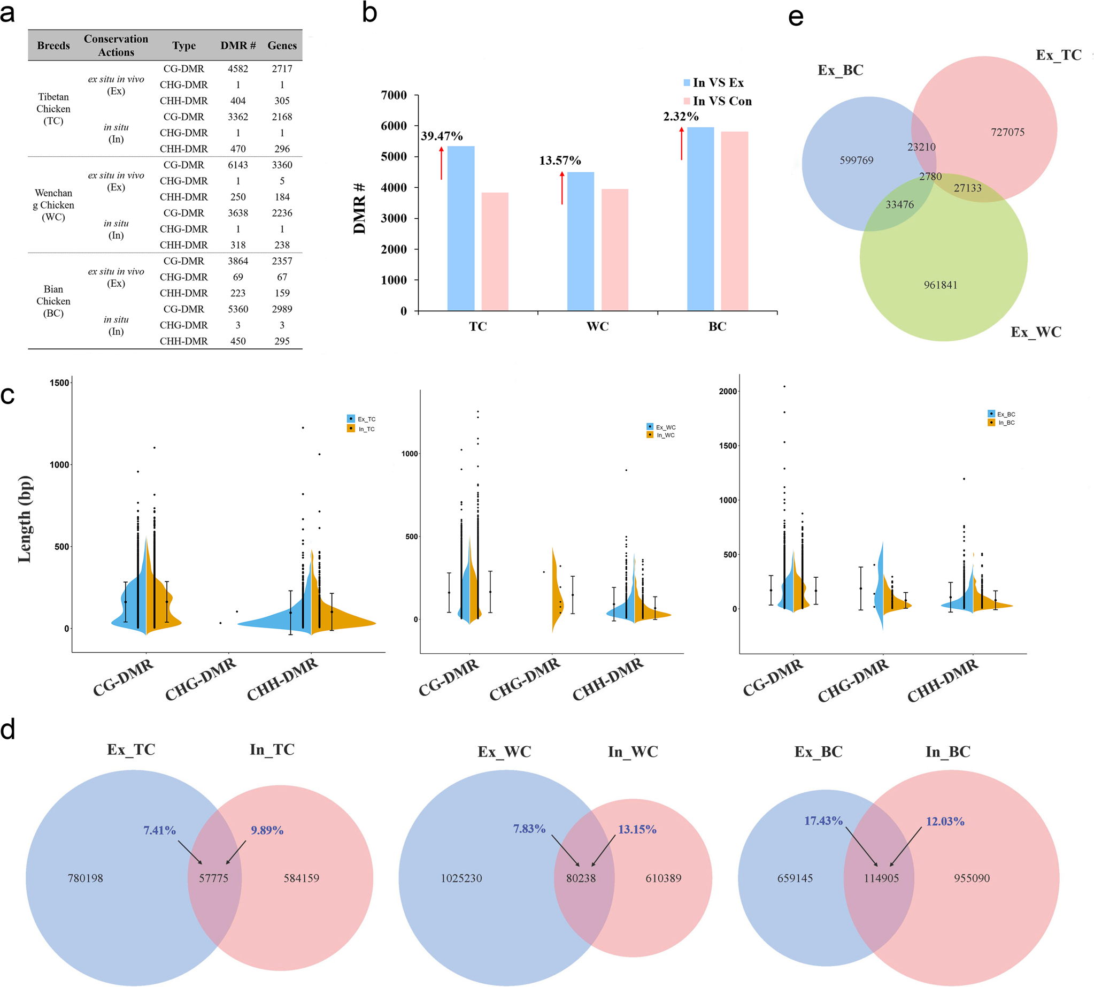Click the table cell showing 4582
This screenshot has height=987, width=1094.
237,69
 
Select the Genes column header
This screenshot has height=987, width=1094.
282,45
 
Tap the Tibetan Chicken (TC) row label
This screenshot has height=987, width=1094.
53,109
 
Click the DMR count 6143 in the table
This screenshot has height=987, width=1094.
237,165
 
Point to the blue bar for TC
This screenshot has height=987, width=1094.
461,228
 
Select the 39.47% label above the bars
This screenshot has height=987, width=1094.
441,136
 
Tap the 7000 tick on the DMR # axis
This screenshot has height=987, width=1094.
394,95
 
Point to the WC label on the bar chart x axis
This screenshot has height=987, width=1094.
597,326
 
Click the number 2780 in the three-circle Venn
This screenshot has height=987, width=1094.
930,177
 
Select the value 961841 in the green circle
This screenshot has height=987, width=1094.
941,285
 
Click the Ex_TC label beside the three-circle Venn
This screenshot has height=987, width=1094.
1058,55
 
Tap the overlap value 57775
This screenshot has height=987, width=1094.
213,878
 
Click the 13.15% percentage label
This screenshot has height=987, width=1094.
637,829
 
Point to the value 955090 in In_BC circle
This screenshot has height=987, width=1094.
972,878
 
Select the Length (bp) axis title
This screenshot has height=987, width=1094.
25,519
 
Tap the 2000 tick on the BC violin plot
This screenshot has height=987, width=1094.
728,392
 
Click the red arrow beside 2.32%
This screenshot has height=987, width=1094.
681,144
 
